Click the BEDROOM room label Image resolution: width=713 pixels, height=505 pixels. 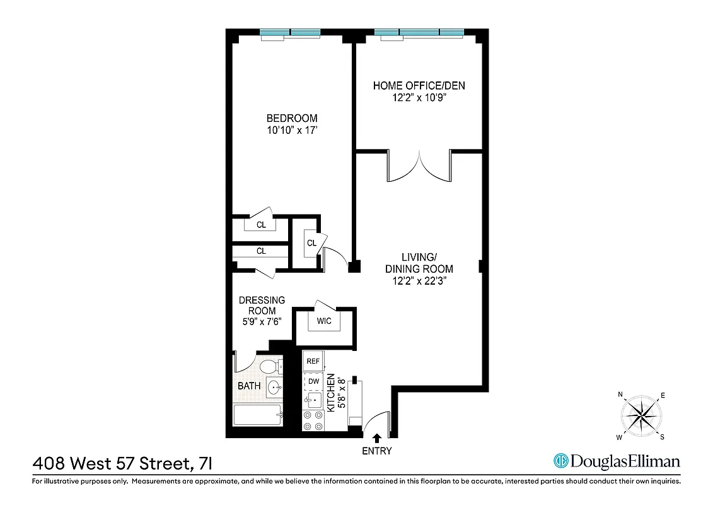click(292, 118)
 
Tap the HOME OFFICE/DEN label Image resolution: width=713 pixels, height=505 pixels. click(419, 86)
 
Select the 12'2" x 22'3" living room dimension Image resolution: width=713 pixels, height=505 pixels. click(419, 281)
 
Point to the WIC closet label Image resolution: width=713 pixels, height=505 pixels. click(324, 321)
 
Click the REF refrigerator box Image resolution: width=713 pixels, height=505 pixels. click(313, 361)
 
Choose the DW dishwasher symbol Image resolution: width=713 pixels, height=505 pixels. click(313, 381)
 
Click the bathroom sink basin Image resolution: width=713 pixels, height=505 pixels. click(274, 387)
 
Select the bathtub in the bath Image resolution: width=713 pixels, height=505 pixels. click(257, 415)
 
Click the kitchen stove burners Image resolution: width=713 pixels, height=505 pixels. click(313, 420)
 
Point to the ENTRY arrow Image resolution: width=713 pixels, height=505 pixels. click(377, 437)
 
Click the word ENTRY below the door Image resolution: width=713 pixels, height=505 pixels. click(377, 451)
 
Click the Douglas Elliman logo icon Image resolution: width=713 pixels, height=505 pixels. click(560, 461)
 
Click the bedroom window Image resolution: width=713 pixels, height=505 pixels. click(291, 33)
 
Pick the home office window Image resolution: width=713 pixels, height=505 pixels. click(419, 33)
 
